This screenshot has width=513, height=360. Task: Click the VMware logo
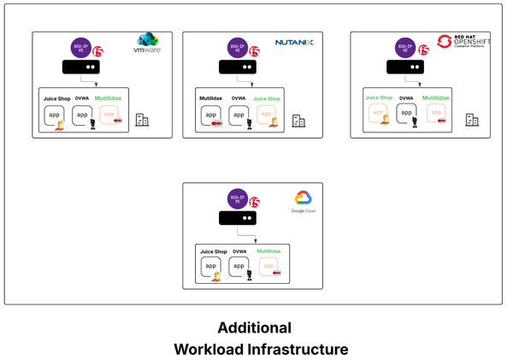point(148,44)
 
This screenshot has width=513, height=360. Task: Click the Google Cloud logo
point(304,201)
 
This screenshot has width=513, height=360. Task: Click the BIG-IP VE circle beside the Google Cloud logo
point(238,200)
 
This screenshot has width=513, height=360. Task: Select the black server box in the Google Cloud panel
point(238,218)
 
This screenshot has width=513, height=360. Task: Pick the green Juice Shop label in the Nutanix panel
point(267,99)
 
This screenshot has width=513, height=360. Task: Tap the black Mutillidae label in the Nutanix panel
point(211,99)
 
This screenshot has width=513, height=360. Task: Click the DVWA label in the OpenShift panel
point(406,99)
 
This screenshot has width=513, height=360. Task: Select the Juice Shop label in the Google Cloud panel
point(214,251)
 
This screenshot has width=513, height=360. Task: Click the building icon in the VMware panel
point(142,121)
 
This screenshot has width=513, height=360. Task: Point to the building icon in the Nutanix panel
point(298,121)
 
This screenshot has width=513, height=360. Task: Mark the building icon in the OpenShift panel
point(471,121)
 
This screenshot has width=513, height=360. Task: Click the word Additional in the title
point(254,328)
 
